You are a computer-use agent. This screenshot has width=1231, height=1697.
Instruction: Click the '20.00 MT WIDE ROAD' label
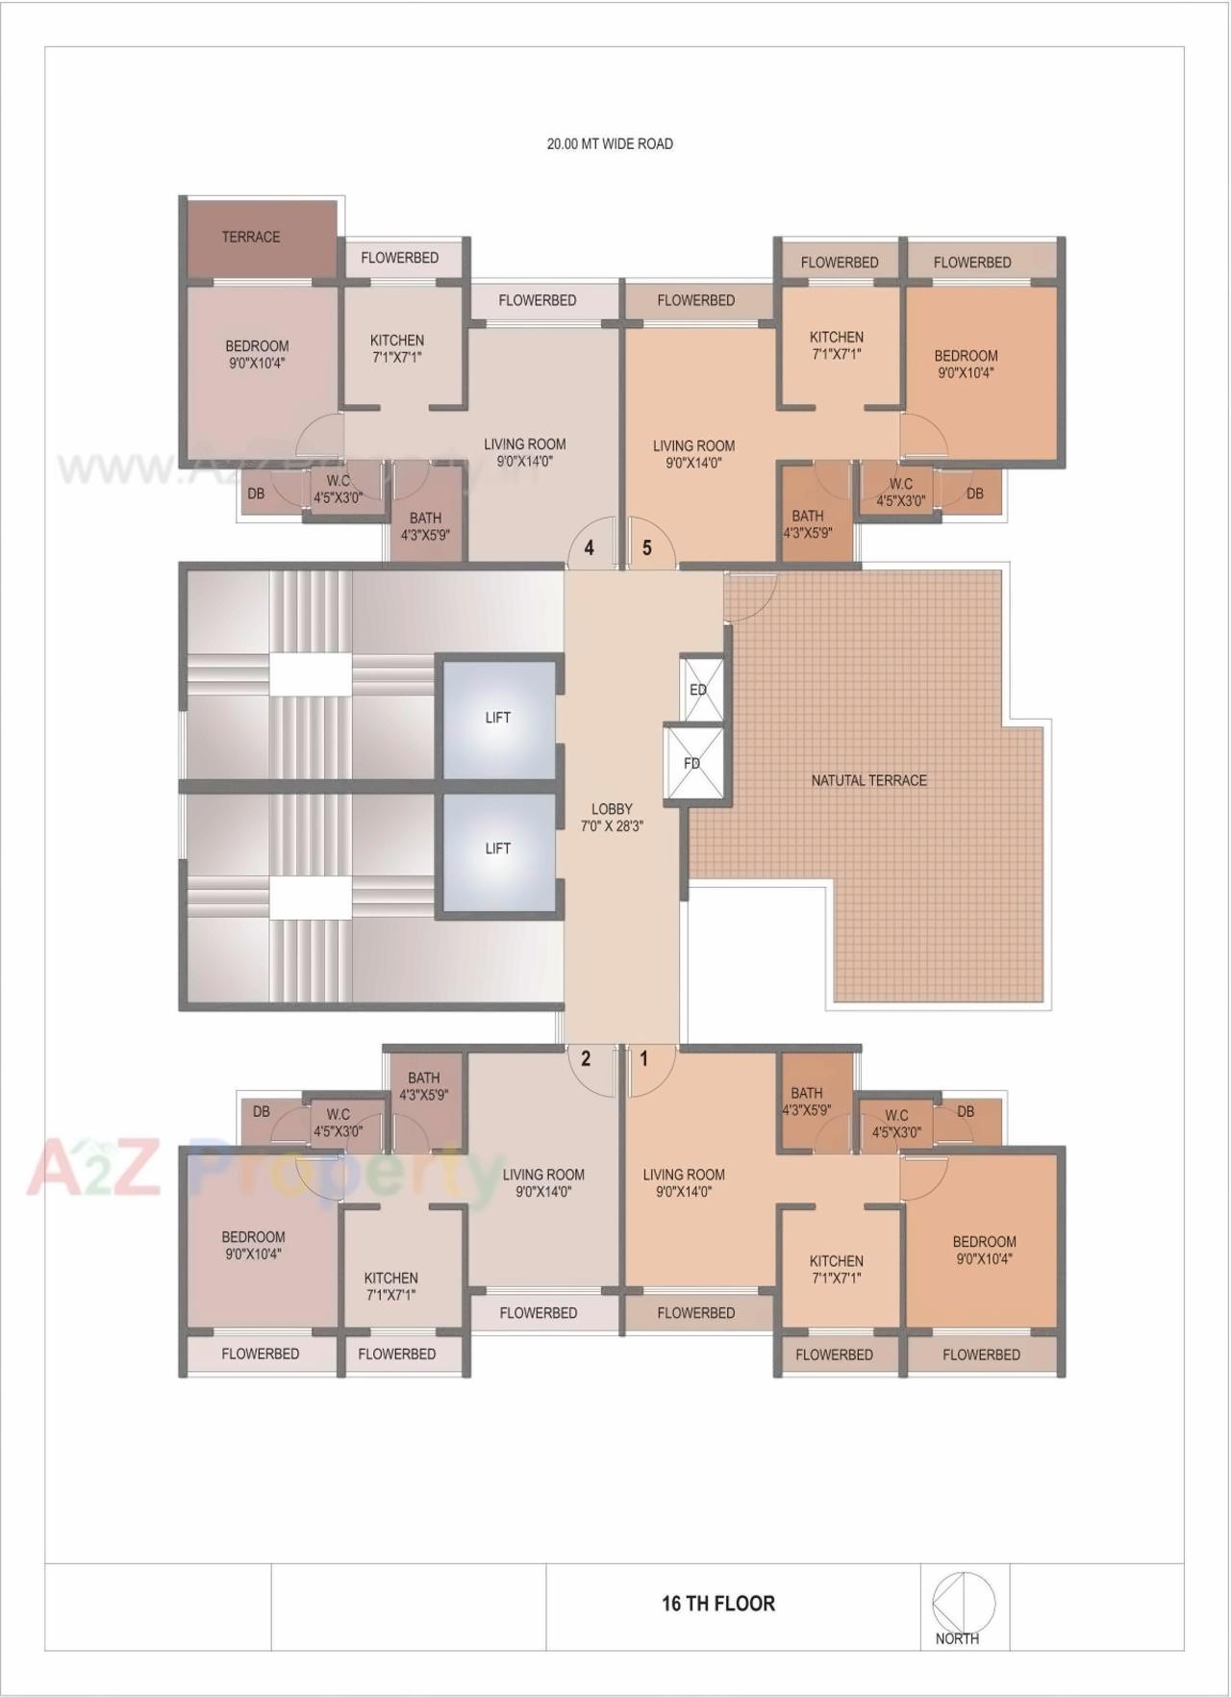tap(610, 144)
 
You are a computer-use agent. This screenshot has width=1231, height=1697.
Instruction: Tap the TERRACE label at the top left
tap(251, 237)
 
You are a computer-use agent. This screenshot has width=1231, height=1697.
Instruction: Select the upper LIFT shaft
tap(498, 718)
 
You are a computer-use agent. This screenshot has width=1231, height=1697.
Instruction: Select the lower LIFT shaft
tap(498, 848)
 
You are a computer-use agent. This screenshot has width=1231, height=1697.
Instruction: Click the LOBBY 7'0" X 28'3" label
tap(612, 817)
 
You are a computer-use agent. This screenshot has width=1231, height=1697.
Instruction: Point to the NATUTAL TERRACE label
tap(869, 780)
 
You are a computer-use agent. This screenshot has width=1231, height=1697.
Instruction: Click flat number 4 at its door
tap(590, 548)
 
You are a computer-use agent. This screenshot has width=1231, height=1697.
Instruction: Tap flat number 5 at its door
tap(647, 548)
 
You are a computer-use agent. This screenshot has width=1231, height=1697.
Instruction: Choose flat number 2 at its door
tap(586, 1060)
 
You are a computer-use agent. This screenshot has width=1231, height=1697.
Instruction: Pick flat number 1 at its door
tap(644, 1060)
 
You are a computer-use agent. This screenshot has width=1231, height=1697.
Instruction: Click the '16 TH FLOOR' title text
tap(718, 1603)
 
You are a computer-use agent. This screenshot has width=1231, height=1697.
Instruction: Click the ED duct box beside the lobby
tap(699, 689)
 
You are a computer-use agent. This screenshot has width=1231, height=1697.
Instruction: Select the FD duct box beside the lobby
tap(692, 763)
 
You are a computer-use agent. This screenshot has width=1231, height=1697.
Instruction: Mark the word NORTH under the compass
tap(957, 1638)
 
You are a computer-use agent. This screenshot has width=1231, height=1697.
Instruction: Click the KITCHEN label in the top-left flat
tap(397, 341)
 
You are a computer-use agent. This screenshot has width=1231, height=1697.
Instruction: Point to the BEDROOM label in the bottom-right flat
tap(985, 1242)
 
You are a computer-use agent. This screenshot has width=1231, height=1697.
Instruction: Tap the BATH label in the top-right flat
tap(808, 517)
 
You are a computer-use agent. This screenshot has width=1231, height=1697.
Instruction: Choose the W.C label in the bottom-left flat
tap(339, 1115)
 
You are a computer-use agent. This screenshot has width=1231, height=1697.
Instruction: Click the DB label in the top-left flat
tap(256, 494)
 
